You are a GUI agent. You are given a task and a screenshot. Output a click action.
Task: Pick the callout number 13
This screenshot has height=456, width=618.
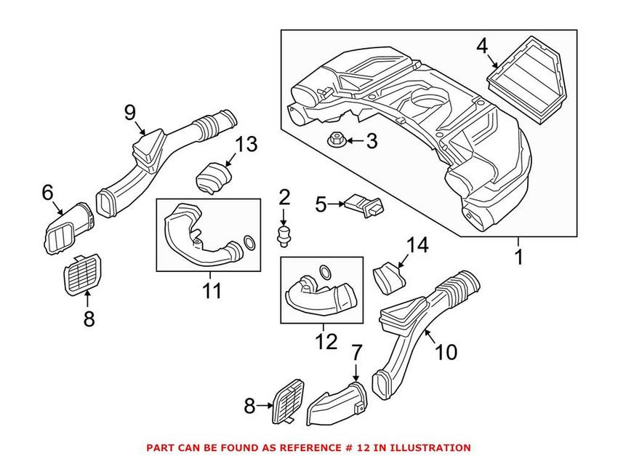(x=246, y=144)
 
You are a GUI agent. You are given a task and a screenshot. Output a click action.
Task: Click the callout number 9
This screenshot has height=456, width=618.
(x=130, y=112)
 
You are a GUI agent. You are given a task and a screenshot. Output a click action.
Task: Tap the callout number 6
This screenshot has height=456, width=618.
(x=48, y=192)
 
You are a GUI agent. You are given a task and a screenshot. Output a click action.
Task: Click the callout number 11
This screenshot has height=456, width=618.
(x=212, y=291)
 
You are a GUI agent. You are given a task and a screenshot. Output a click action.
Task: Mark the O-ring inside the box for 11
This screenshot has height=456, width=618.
(x=248, y=241)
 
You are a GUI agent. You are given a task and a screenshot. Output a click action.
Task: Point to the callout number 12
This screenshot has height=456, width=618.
(x=326, y=340)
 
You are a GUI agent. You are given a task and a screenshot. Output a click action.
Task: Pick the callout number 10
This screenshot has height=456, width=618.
(x=446, y=352)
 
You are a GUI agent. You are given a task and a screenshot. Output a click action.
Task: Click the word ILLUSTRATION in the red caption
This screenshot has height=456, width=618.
(x=428, y=447)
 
